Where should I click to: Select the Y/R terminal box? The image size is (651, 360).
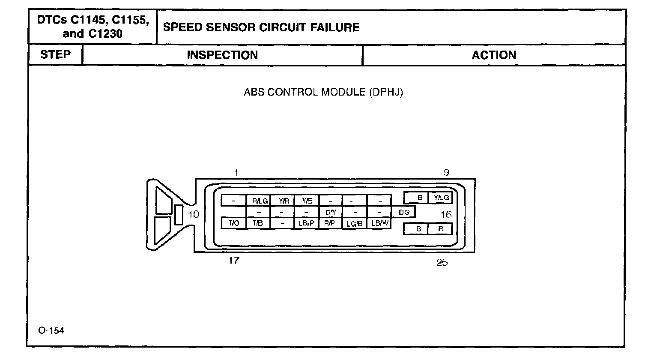pyautogui.click(x=283, y=200)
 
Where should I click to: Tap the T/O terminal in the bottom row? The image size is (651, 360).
pyautogui.click(x=233, y=223)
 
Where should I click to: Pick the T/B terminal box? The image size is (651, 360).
pyautogui.click(x=258, y=223)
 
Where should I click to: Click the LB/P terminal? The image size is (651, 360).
pyautogui.click(x=307, y=223)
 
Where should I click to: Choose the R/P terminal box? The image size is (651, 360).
pyautogui.click(x=330, y=223)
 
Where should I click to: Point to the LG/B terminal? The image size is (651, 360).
pyautogui.click(x=355, y=223)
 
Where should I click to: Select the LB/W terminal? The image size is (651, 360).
pyautogui.click(x=379, y=223)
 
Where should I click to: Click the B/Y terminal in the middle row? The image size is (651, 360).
pyautogui.click(x=331, y=212)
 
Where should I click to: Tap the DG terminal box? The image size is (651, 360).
pyautogui.click(x=404, y=212)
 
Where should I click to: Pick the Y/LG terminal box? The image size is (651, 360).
pyautogui.click(x=441, y=198)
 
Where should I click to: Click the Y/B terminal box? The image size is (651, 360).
pyautogui.click(x=307, y=200)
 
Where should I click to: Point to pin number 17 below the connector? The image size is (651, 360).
pyautogui.click(x=234, y=260)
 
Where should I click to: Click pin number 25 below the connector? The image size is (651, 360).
pyautogui.click(x=442, y=262)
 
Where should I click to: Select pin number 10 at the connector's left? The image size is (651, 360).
pyautogui.click(x=194, y=214)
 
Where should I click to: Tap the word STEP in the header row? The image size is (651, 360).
pyautogui.click(x=55, y=54)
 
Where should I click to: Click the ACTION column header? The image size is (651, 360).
pyautogui.click(x=494, y=55)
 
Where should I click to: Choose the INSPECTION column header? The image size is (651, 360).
pyautogui.click(x=222, y=55)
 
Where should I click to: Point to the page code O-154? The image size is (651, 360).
pyautogui.click(x=51, y=330)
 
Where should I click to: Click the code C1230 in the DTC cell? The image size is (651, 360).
pyautogui.click(x=105, y=34)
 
